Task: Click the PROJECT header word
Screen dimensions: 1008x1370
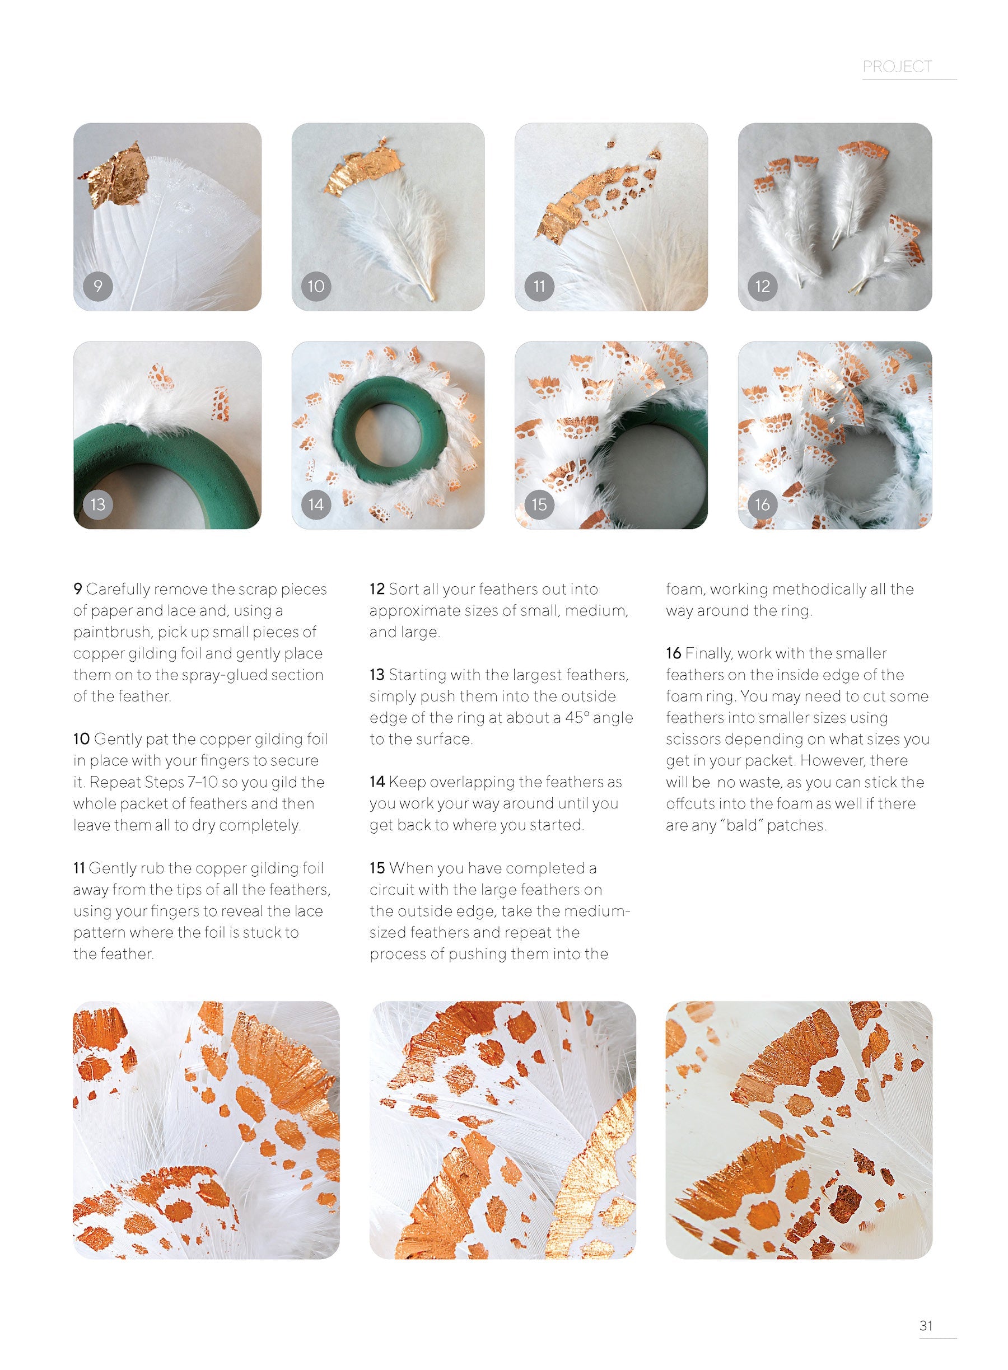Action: click(897, 67)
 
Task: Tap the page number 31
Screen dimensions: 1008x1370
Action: click(926, 1325)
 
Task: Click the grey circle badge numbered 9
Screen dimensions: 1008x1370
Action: click(97, 286)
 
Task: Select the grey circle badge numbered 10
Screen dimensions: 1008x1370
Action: click(316, 286)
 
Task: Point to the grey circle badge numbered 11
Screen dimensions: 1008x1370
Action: click(539, 286)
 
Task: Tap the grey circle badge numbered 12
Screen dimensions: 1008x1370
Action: click(763, 286)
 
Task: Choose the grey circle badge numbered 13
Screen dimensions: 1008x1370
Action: click(97, 504)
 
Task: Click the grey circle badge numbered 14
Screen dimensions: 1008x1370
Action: click(316, 504)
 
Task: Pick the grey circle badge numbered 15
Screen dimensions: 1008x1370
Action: click(539, 504)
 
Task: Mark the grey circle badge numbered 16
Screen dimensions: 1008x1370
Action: click(763, 504)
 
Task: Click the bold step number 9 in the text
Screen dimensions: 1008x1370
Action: click(77, 589)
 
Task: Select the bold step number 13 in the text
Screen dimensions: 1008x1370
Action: click(377, 675)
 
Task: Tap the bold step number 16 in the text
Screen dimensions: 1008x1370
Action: click(674, 653)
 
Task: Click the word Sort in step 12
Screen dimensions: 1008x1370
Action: click(402, 589)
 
